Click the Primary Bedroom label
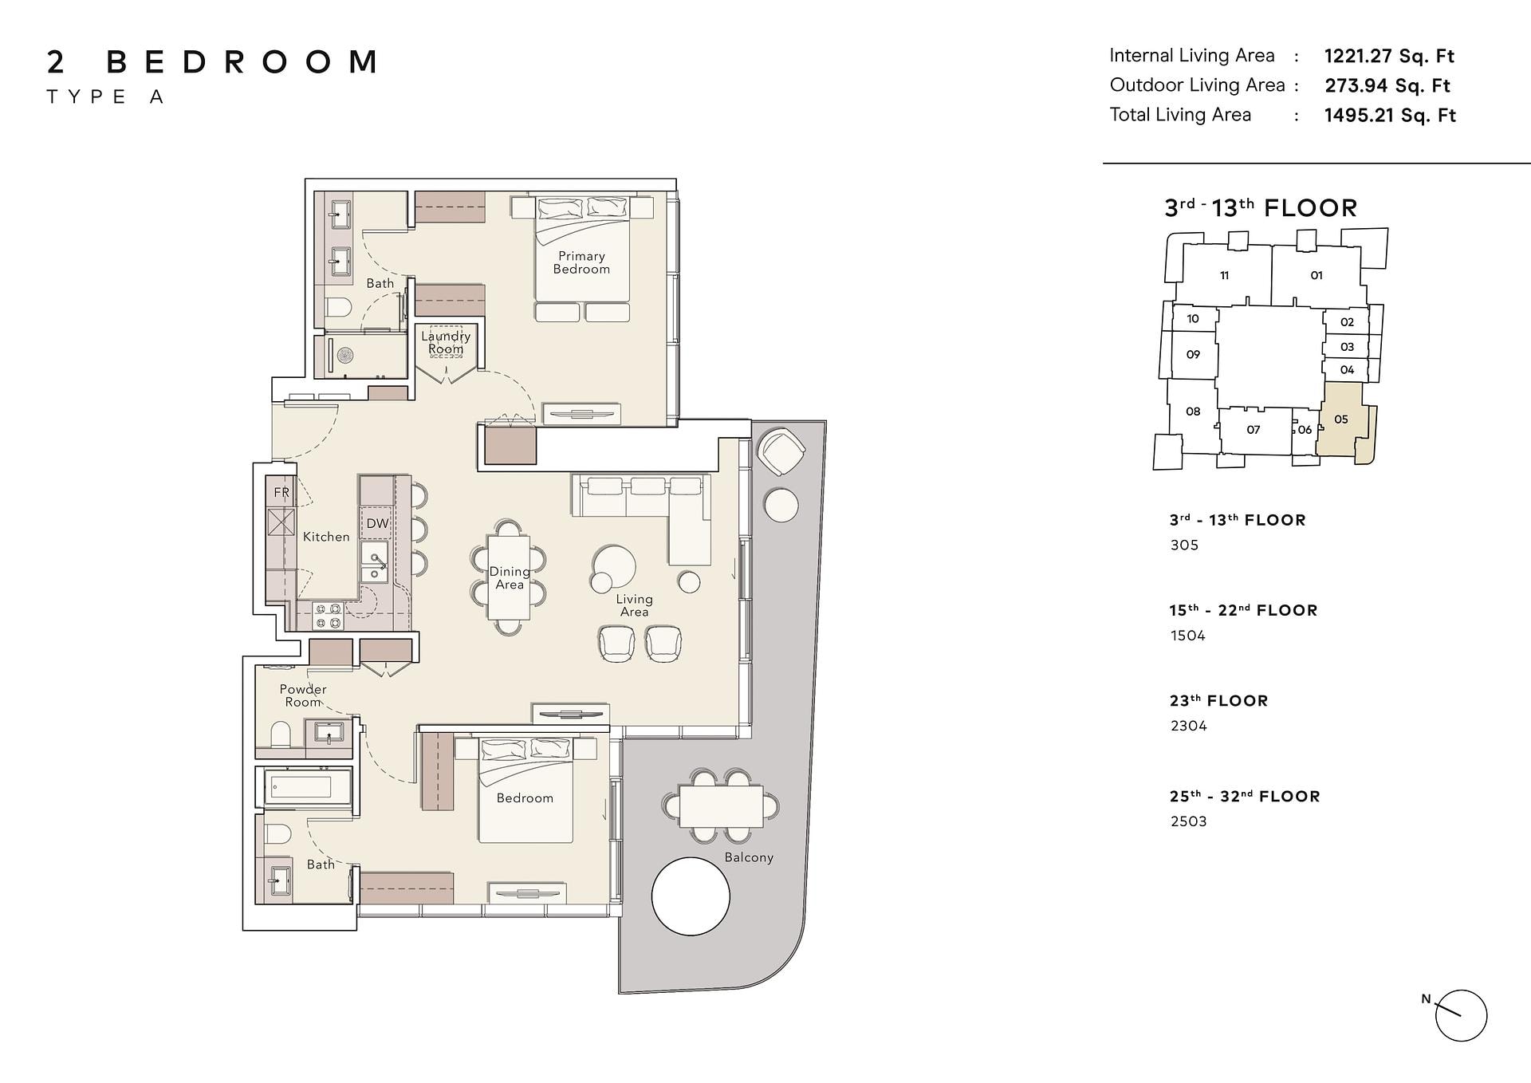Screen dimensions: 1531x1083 coord(581,262)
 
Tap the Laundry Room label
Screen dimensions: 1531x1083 coord(446,343)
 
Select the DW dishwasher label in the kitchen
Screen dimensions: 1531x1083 coord(377,524)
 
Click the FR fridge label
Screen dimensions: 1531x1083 coord(281,492)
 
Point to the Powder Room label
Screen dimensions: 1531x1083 coord(303,695)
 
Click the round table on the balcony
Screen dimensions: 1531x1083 coord(691,896)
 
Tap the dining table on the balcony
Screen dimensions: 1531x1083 coord(721,805)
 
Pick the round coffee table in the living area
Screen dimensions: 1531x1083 coord(614,568)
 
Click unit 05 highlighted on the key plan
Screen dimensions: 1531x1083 coord(1341,419)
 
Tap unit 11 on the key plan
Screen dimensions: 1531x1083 coord(1224,276)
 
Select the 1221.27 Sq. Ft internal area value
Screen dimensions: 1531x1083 coord(1389,56)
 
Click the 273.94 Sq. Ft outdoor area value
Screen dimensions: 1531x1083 coord(1387,85)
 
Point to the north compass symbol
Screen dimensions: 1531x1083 coord(1460,1015)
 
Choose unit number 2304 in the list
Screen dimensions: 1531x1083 coord(1188,726)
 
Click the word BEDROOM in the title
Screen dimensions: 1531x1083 coord(242,62)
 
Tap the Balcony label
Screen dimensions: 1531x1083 coord(749,857)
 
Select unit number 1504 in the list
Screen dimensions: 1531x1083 coord(1187,636)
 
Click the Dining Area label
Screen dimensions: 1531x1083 coord(510,578)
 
